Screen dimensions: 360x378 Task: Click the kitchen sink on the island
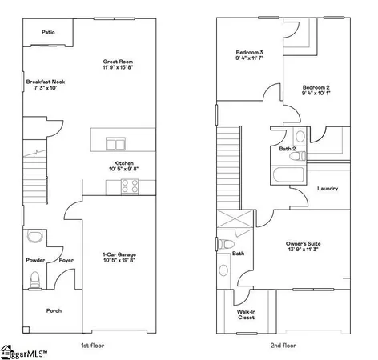(x=117, y=144)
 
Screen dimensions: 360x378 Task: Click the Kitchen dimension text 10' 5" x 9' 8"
(x=123, y=169)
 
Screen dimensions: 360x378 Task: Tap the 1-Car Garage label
(x=118, y=254)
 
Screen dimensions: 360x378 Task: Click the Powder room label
(x=34, y=260)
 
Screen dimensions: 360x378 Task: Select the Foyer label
(x=66, y=260)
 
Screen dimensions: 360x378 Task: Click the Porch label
(x=54, y=310)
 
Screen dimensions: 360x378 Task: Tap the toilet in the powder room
(x=34, y=279)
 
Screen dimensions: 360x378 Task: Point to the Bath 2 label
(x=288, y=149)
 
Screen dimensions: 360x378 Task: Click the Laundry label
(x=327, y=189)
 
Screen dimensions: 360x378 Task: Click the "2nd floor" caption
(x=284, y=345)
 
